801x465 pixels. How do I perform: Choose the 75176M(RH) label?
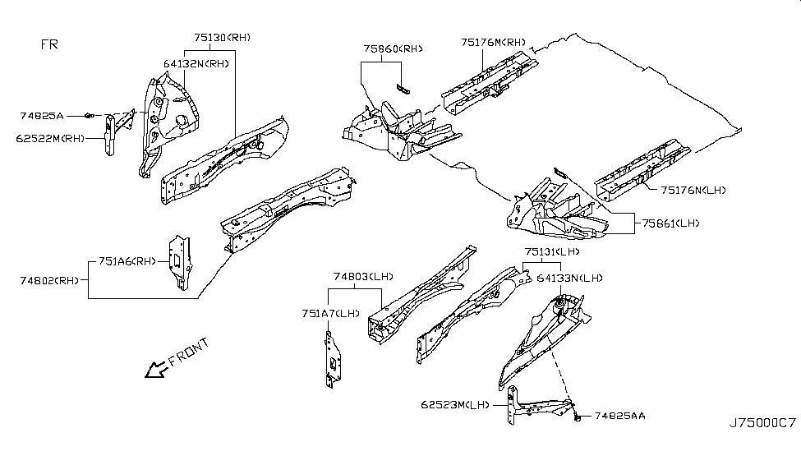coord(493,42)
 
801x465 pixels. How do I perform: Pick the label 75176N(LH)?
coord(694,191)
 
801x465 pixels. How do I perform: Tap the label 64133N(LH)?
coord(569,279)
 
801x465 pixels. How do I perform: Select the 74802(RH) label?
coord(50,280)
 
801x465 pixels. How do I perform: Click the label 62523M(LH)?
coord(457,404)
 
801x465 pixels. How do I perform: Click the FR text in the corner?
coord(49,44)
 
